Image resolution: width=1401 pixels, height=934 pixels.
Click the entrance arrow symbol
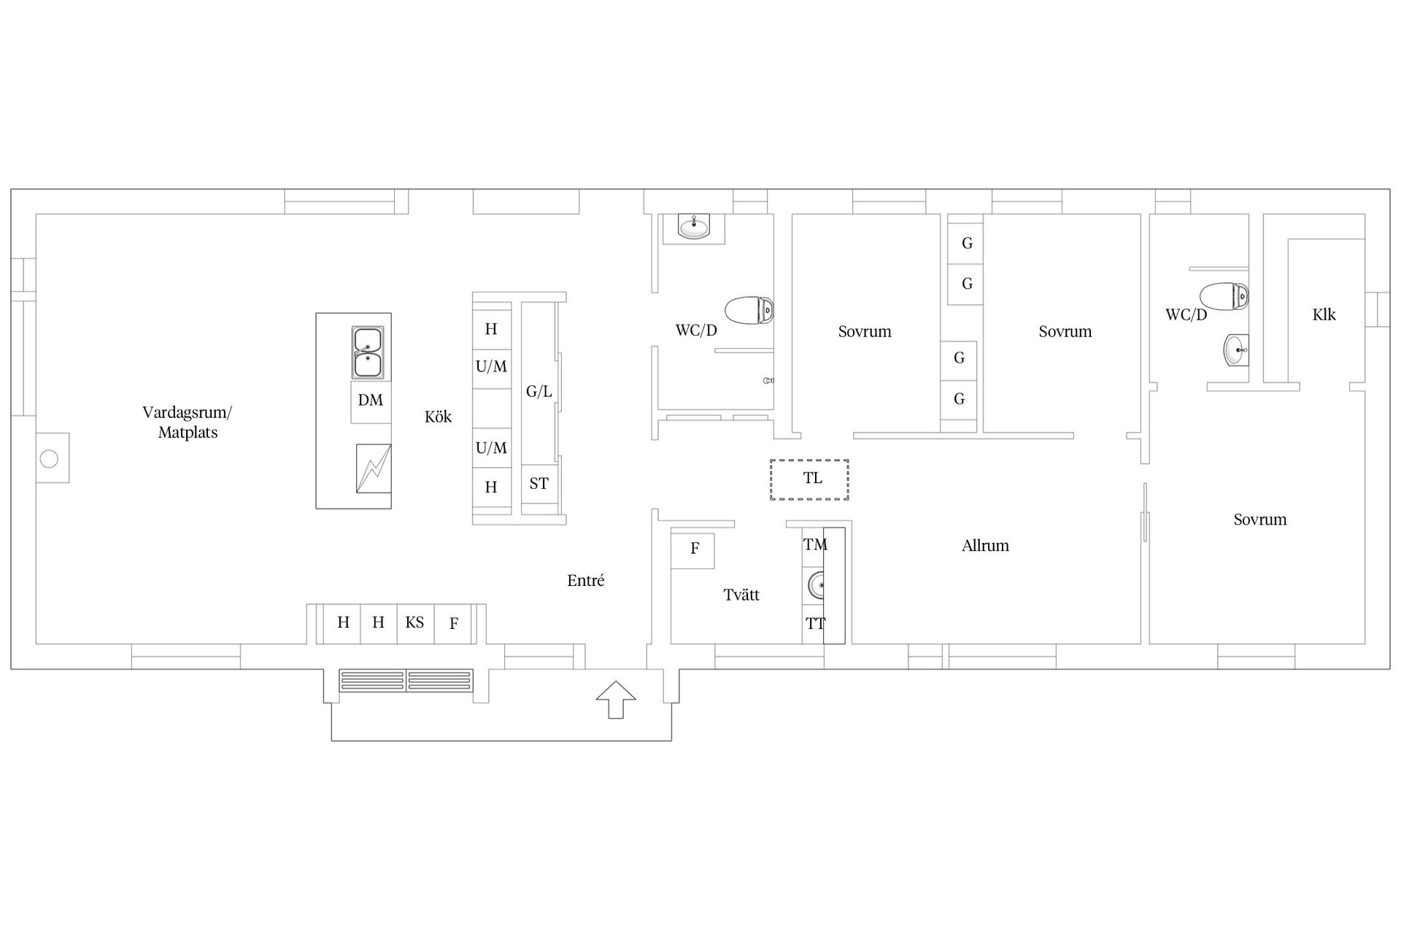pyautogui.click(x=616, y=700)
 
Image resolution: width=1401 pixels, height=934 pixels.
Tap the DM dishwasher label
pyautogui.click(x=371, y=400)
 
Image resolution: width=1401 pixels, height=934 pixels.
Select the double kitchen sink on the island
pyautogui.click(x=368, y=353)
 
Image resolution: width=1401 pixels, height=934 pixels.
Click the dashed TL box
pyautogui.click(x=809, y=479)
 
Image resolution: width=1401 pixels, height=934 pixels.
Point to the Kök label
pyautogui.click(x=439, y=417)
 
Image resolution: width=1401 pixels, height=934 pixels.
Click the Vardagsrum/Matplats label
pyautogui.click(x=188, y=422)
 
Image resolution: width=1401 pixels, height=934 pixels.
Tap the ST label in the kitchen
pyautogui.click(x=539, y=483)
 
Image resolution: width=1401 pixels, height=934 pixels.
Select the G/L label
pyautogui.click(x=539, y=392)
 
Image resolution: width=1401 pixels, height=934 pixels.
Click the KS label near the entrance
pyautogui.click(x=414, y=622)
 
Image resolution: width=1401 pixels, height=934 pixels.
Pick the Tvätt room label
pyautogui.click(x=741, y=595)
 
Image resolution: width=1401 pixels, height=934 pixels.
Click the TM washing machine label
pyautogui.click(x=815, y=544)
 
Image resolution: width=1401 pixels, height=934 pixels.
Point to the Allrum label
pyautogui.click(x=985, y=546)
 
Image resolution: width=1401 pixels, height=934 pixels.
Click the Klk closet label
pyautogui.click(x=1324, y=314)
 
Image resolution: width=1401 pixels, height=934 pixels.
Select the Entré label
pyautogui.click(x=586, y=581)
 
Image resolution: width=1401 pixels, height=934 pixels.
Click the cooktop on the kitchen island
pyautogui.click(x=373, y=468)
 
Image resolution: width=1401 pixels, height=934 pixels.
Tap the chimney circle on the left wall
pyautogui.click(x=49, y=459)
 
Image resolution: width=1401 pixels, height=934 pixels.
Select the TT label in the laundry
pyautogui.click(x=815, y=624)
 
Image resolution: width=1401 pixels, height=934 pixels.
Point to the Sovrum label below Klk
pyautogui.click(x=1260, y=520)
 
